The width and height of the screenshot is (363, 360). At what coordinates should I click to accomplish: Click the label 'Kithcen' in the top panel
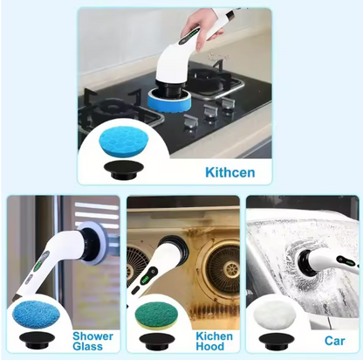(229, 172)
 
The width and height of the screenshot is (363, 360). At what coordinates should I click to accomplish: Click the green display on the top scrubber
(188, 38)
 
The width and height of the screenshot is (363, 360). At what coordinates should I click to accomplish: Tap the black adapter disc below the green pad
(157, 341)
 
